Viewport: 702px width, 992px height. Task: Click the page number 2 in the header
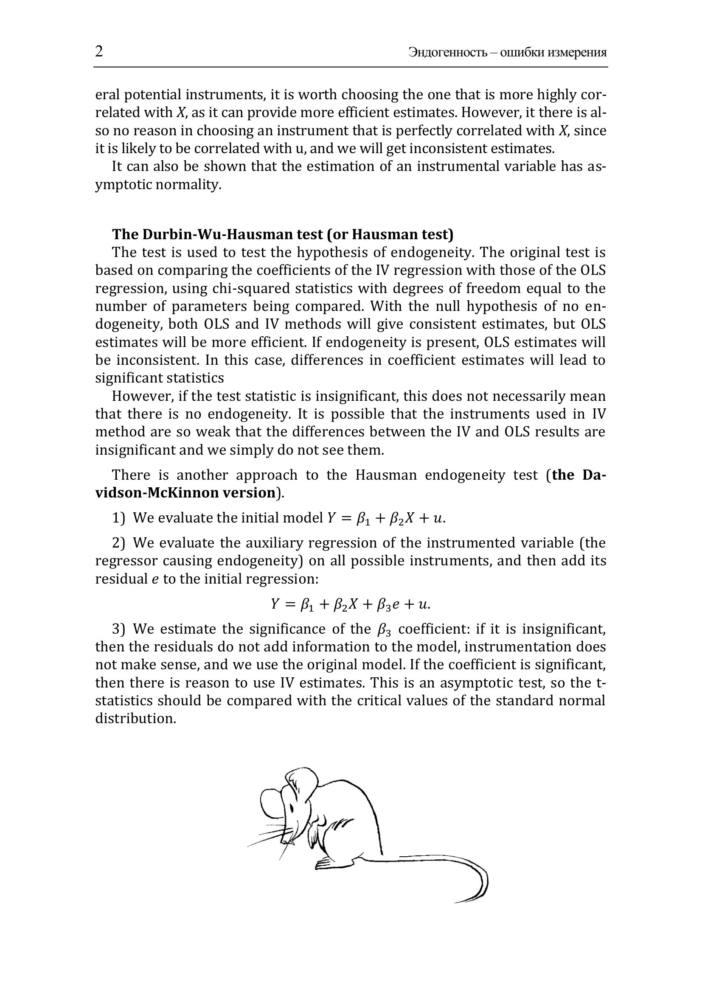click(99, 51)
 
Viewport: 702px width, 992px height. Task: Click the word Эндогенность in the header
click(448, 53)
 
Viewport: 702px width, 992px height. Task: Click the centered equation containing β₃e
click(350, 604)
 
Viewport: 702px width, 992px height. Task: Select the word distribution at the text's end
click(135, 718)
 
